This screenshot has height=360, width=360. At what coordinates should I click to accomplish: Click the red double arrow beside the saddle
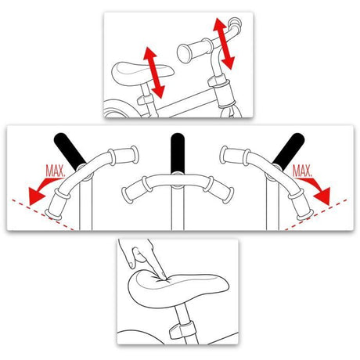(x=154, y=73)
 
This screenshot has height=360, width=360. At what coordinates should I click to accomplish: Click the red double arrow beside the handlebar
(x=224, y=44)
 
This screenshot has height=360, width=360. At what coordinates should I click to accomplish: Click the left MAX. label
(x=55, y=171)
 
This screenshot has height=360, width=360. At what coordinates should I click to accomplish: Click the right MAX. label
(x=302, y=171)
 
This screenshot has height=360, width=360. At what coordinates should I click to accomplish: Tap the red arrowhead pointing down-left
(x=37, y=196)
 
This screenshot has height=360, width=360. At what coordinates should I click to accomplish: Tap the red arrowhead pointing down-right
(x=322, y=196)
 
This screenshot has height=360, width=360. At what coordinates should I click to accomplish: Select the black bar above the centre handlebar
(x=178, y=153)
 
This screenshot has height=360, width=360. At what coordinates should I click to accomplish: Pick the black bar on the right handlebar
(x=289, y=150)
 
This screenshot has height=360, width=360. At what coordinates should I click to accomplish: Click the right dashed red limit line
(x=315, y=215)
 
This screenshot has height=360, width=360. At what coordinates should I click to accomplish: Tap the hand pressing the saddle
(x=142, y=258)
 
